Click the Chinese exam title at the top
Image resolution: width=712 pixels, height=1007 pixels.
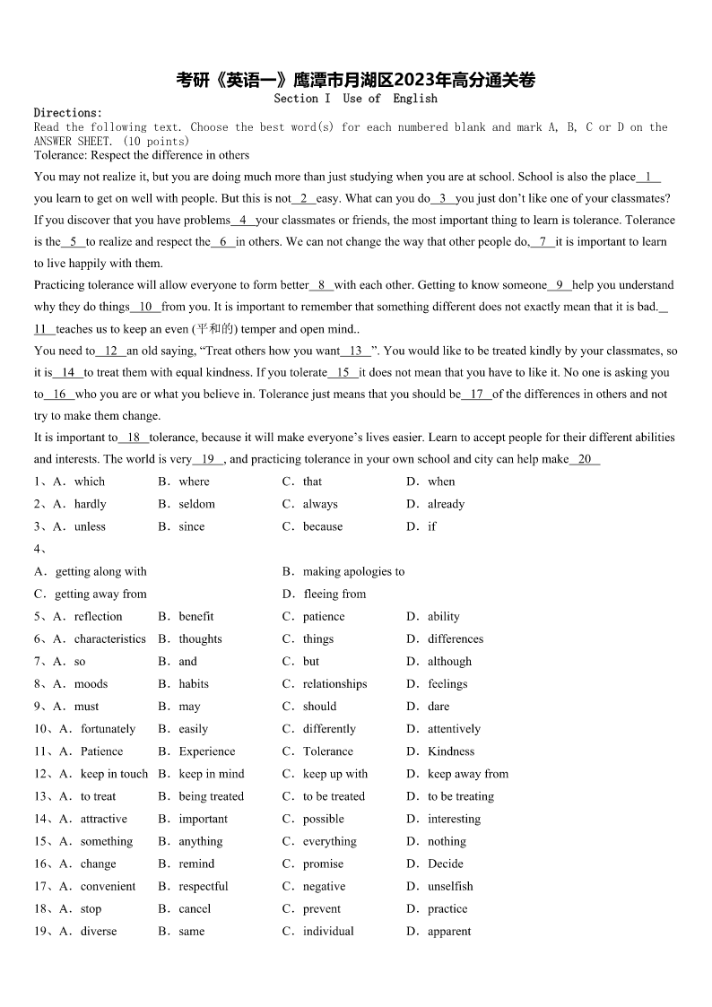[356, 81]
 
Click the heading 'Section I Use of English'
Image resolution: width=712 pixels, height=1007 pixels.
[356, 99]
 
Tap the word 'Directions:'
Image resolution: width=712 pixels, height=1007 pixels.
[68, 113]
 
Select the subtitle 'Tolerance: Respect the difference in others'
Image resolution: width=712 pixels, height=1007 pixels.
[142, 155]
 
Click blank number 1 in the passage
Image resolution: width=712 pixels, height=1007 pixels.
[647, 177]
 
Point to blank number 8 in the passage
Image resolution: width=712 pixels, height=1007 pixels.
[321, 285]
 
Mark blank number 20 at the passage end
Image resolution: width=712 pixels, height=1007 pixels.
[585, 459]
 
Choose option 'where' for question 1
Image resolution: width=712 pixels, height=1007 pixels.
[194, 482]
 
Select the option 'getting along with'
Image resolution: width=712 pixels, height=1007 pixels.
[100, 571]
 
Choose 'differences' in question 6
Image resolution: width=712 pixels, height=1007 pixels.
[455, 638]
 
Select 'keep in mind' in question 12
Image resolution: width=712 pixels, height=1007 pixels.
[212, 774]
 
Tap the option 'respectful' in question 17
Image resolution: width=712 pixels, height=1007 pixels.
[204, 886]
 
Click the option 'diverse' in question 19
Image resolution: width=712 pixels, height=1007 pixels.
[99, 931]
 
